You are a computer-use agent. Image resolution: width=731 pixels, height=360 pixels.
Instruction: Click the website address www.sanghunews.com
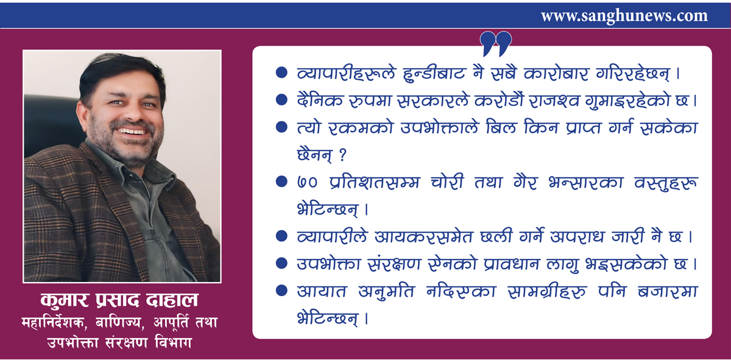pos(624,16)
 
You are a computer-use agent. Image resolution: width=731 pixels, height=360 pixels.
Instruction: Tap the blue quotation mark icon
pos(496,44)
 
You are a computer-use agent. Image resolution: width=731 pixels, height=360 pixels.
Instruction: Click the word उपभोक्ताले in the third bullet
pos(439,127)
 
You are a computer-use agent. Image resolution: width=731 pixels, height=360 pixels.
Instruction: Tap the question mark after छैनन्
pos(342,155)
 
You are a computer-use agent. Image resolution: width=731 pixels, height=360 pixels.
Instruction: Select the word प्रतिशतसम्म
pos(374,182)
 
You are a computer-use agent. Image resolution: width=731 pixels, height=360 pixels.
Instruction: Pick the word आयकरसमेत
pos(423,236)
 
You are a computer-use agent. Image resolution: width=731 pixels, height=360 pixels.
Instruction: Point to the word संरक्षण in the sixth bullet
pos(394,264)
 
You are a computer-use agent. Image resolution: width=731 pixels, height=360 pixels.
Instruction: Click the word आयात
pos(322,291)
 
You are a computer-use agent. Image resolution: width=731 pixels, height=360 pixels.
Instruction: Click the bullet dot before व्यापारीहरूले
pos(281,72)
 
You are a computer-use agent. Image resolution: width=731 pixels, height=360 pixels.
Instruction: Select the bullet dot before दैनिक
pos(281,99)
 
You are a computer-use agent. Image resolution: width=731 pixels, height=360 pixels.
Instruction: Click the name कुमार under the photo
pos(65,300)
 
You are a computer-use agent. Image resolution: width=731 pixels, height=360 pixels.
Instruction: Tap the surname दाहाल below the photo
pos(172,300)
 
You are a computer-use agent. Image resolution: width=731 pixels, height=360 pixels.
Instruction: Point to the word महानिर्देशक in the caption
pos(54,322)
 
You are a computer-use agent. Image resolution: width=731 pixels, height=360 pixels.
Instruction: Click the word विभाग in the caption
pos(173,343)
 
